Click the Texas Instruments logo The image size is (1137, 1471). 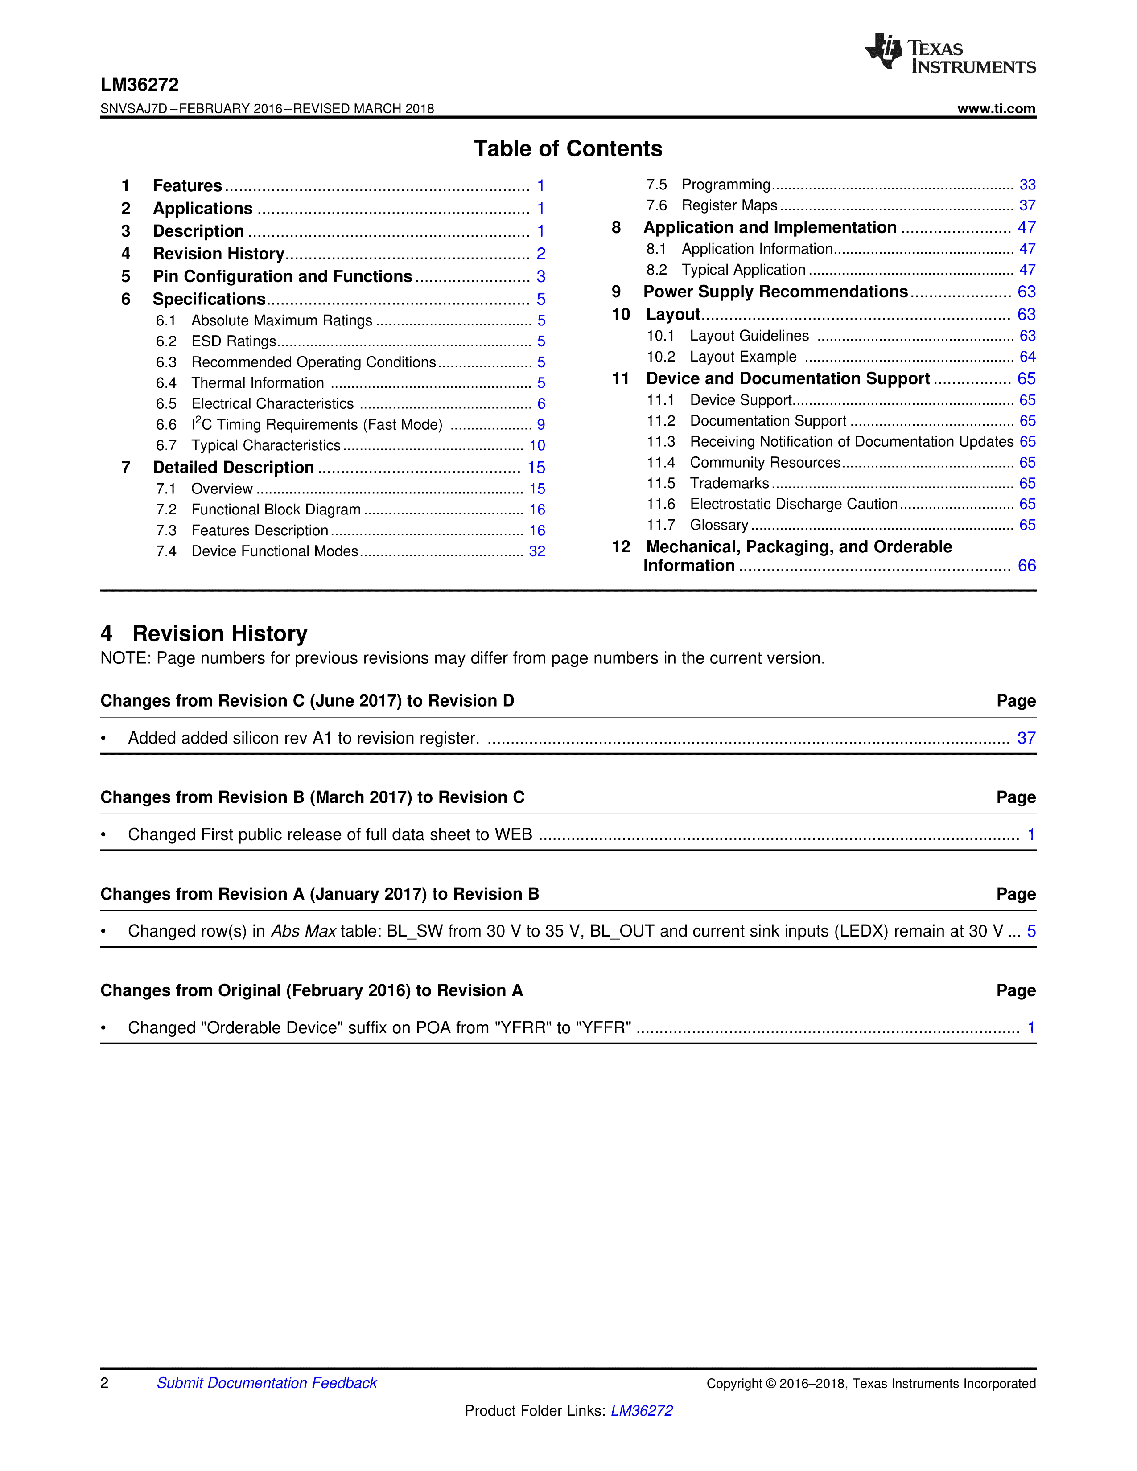(950, 53)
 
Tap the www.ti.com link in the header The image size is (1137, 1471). (996, 108)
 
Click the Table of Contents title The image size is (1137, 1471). (568, 148)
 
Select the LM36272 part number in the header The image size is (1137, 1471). (140, 85)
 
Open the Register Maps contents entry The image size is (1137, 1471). (729, 205)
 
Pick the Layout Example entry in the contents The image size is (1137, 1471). (743, 357)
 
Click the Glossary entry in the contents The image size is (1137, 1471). (719, 526)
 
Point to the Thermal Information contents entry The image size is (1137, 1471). (257, 383)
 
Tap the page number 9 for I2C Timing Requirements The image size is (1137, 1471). (541, 425)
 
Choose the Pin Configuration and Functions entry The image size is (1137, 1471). (282, 277)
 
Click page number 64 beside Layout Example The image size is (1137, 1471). (1027, 357)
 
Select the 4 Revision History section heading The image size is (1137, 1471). (204, 634)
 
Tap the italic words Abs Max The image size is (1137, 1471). (303, 932)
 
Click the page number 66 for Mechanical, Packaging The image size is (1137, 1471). (1026, 566)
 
